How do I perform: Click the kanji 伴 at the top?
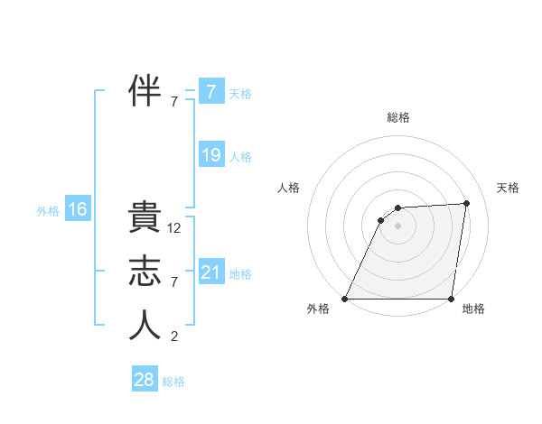tap(145, 91)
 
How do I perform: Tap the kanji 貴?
tap(145, 220)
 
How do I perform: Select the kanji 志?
tap(145, 273)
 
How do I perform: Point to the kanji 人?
tap(145, 327)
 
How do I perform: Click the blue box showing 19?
tap(211, 155)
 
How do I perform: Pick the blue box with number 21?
tap(211, 272)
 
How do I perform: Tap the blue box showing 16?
tap(78, 210)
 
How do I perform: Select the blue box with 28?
tap(145, 380)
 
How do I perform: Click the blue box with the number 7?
tap(211, 91)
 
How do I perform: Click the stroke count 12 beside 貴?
tap(174, 229)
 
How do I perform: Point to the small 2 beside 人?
tap(174, 336)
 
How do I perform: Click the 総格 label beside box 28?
tap(174, 382)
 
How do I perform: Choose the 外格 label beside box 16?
tap(48, 212)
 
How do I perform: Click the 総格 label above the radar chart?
tap(397, 117)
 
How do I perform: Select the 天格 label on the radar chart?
tap(509, 188)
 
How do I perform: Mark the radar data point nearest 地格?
tap(451, 299)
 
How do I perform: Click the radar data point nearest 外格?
tap(345, 299)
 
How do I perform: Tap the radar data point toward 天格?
tap(467, 203)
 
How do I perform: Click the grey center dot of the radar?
tap(397, 226)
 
